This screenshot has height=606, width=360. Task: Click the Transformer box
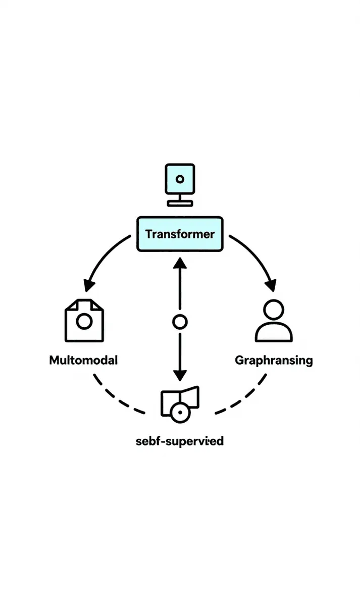pos(180,234)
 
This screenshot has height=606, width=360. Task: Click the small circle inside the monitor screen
pos(180,179)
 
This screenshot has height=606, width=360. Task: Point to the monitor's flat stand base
pos(180,203)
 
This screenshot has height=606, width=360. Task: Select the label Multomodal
pos(83,360)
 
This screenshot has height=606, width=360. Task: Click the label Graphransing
pos(274,360)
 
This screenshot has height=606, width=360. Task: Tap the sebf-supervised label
pos(180,441)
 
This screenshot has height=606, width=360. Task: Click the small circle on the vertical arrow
pos(180,322)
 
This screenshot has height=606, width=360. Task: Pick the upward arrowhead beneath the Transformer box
pos(180,262)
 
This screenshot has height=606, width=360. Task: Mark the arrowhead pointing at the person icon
pos(272,285)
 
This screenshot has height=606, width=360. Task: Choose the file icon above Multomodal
pos(84,320)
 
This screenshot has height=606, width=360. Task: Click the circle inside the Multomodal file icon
pos(84,322)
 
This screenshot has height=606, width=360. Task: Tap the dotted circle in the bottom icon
pos(178,413)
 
